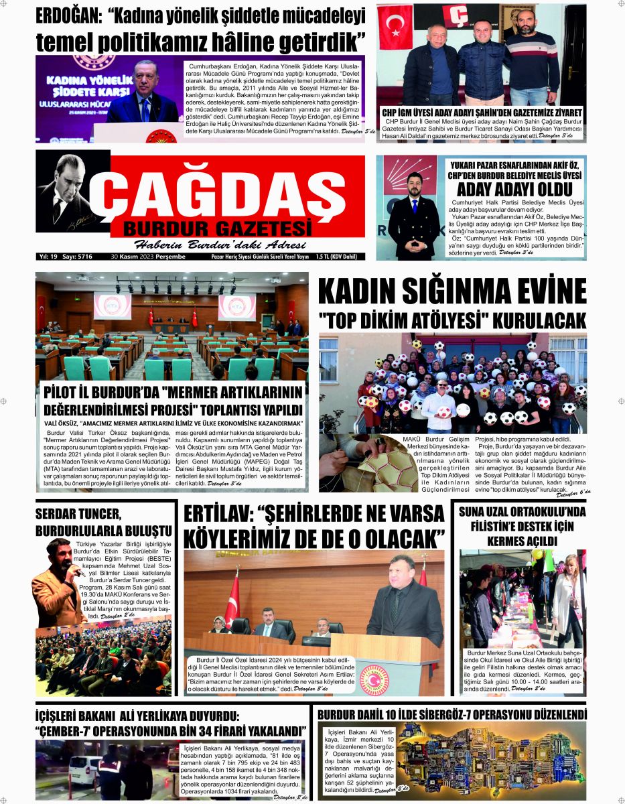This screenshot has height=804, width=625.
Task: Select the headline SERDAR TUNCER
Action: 78,515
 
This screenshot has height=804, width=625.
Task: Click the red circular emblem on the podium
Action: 374,679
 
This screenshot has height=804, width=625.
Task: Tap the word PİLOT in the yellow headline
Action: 59,391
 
